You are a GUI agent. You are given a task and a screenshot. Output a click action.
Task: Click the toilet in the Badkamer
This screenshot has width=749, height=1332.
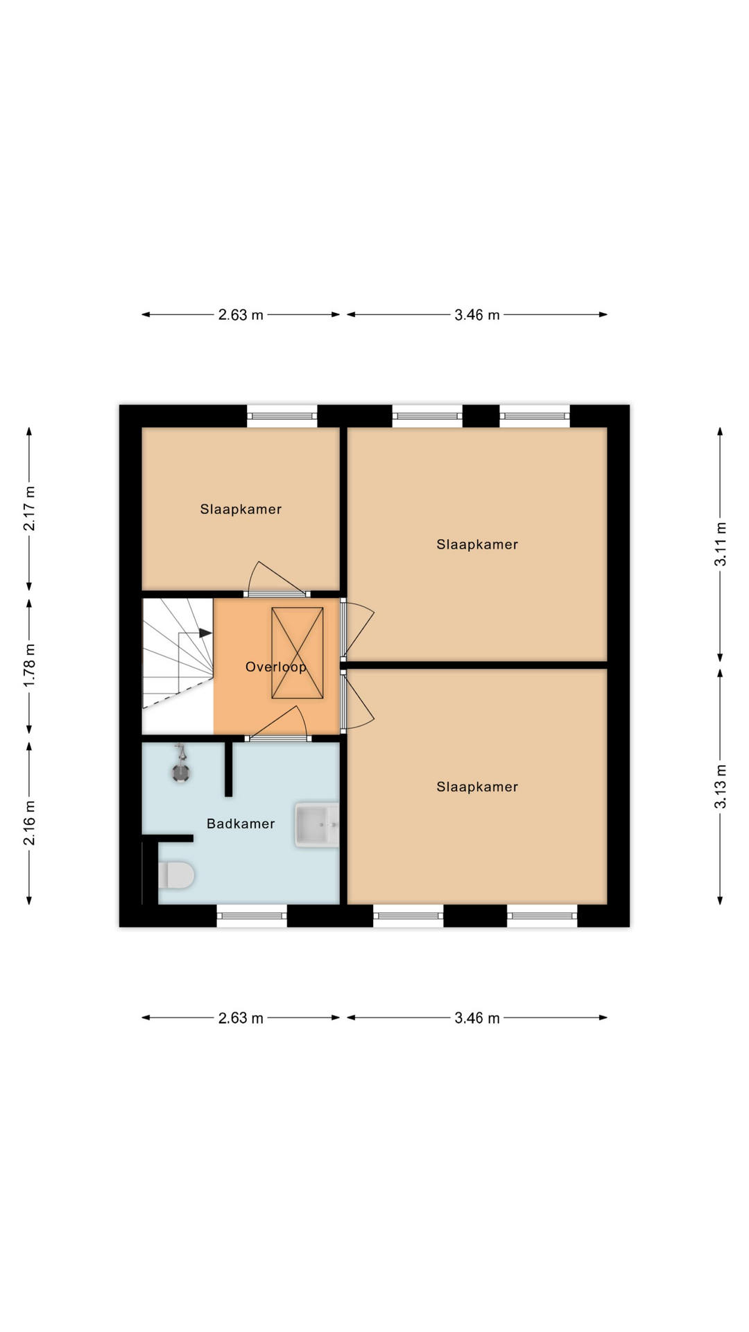click(177, 876)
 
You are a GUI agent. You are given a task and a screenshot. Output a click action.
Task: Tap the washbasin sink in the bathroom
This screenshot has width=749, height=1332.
click(316, 824)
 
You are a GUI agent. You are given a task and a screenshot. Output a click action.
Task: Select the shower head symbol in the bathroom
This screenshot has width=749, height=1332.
click(181, 767)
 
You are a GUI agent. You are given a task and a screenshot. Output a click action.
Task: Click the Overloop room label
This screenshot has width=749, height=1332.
click(275, 667)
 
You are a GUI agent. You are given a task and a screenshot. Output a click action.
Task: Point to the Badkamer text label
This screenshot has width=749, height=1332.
click(241, 823)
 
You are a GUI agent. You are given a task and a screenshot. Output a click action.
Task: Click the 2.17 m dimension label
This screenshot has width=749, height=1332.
click(29, 509)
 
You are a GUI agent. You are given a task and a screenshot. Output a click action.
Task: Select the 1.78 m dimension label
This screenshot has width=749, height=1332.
click(29, 665)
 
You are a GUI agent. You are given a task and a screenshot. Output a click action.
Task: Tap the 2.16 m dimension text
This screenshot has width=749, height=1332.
click(29, 823)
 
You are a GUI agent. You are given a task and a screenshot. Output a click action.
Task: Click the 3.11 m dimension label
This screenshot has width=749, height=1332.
click(721, 544)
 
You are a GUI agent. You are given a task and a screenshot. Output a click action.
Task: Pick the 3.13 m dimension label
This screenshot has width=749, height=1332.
click(721, 786)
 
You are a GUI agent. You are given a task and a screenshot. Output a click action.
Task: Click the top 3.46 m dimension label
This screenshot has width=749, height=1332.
click(477, 315)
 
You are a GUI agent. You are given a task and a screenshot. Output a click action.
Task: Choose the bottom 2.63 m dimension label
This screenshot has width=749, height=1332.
click(241, 1018)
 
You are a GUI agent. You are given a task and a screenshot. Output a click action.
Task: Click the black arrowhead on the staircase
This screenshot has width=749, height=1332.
click(205, 633)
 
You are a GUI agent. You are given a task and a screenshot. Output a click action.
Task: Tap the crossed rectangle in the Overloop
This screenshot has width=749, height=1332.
click(298, 653)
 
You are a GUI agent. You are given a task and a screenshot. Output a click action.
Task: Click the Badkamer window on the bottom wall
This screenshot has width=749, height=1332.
click(252, 916)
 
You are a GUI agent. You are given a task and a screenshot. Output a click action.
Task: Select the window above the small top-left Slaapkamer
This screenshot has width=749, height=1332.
click(282, 416)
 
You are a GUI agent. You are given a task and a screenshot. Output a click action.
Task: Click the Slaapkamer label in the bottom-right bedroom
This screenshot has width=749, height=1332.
click(477, 787)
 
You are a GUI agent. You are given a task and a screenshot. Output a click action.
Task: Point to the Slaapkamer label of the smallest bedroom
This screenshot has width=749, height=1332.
click(241, 509)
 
